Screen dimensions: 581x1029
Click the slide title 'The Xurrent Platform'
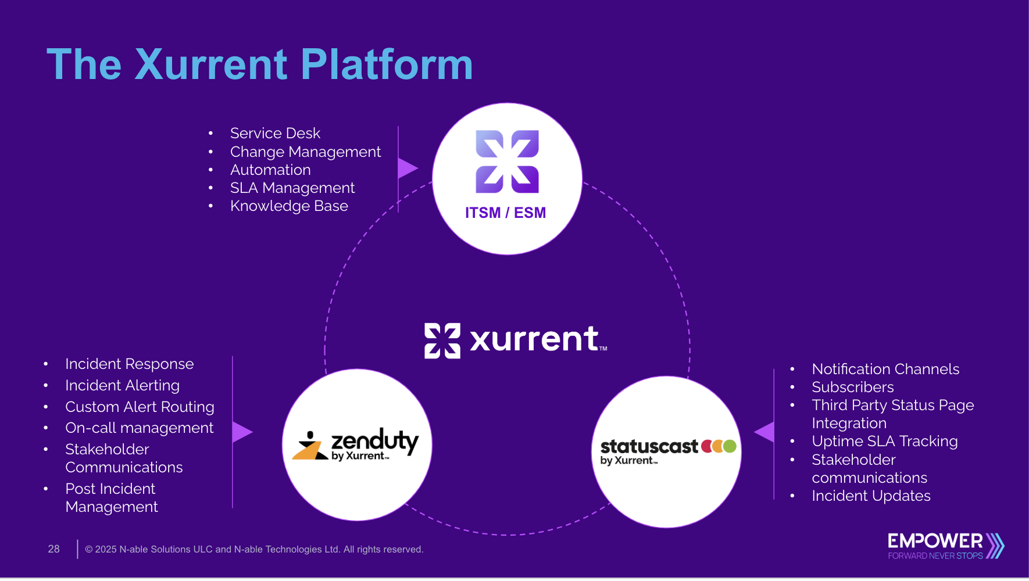point(259,64)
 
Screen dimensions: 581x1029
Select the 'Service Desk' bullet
point(275,133)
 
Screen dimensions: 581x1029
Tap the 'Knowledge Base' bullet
point(289,206)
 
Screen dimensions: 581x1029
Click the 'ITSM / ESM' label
point(505,213)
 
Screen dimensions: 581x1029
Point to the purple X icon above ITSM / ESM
point(507,162)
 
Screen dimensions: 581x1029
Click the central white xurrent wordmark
point(516,340)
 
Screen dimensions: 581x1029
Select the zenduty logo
point(356,446)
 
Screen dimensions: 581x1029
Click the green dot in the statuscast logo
point(730,446)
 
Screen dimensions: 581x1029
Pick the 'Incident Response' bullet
point(129,364)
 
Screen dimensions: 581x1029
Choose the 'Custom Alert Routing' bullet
point(140,407)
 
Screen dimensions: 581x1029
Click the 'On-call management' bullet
point(139,428)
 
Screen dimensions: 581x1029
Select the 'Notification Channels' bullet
point(885,369)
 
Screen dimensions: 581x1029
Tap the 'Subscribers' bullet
point(852,387)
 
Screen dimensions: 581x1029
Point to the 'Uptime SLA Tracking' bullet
point(884,441)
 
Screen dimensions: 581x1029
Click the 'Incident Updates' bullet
point(871,496)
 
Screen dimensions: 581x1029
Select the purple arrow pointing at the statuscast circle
point(765,432)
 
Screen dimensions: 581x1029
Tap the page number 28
point(53,549)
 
